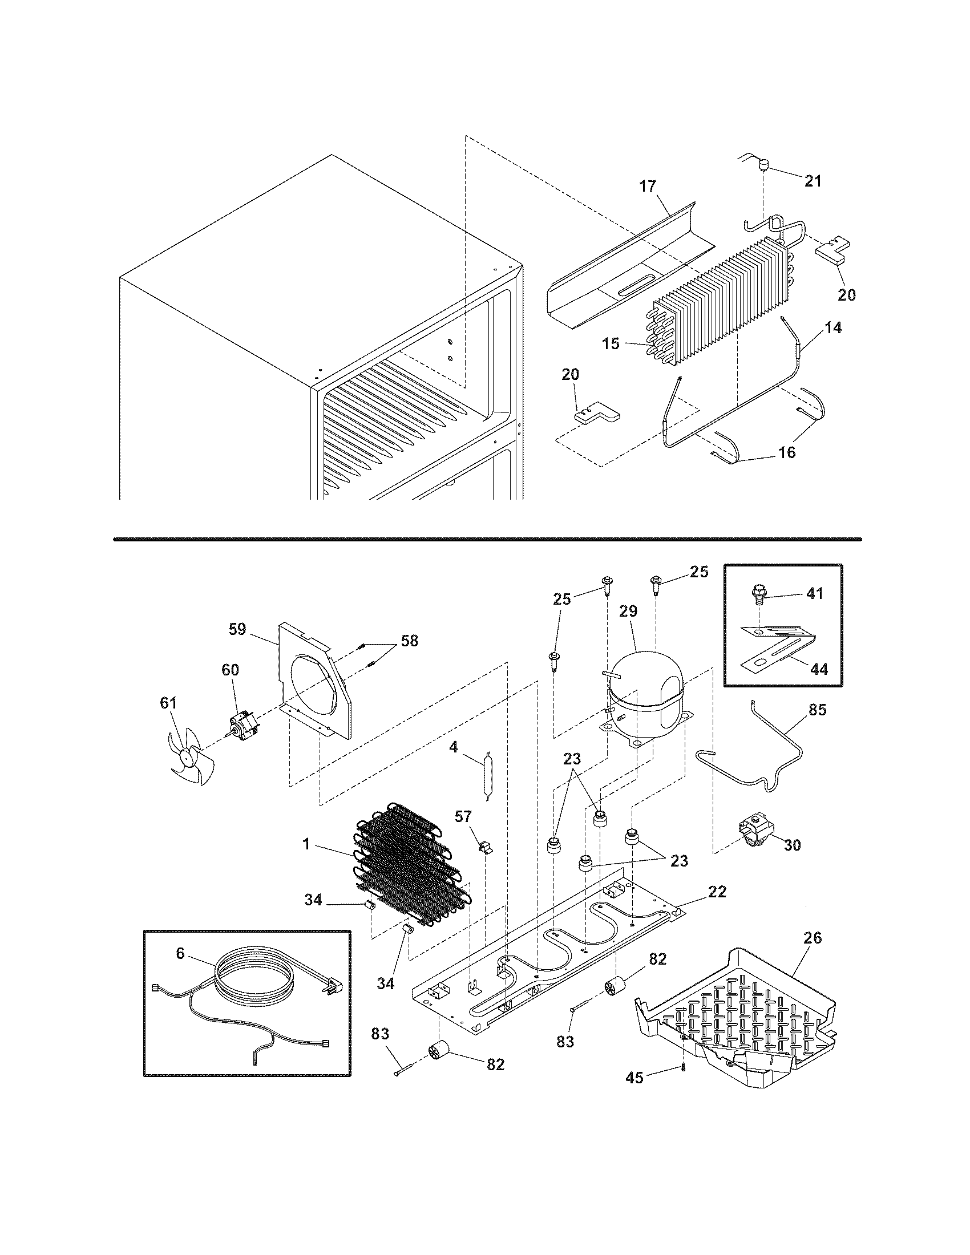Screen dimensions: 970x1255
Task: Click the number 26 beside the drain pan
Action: pos(813,938)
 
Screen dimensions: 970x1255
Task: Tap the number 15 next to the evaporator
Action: pos(611,343)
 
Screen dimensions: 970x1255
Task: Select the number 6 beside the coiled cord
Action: pos(180,953)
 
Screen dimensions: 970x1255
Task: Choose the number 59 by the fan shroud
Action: pos(237,629)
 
